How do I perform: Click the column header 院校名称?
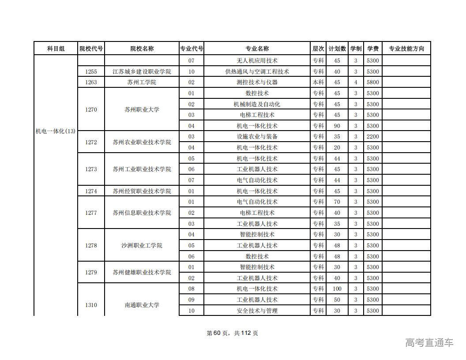pos(142,49)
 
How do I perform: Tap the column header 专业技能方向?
pos(406,49)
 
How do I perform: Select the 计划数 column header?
pos(337,49)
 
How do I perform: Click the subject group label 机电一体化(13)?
pos(56,131)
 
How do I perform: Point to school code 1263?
pos(91,82)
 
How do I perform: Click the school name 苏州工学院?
pos(142,82)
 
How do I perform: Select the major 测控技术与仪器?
pos(257,82)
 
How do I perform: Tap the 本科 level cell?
pos(318,82)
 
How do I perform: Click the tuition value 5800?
pos(373,82)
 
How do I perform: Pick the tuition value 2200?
pos(373,137)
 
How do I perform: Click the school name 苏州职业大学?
pos(142,110)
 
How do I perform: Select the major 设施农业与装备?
pos(257,137)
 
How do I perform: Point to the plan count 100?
pos(337,289)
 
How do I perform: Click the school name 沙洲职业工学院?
pos(142,246)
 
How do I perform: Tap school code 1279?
pos(91,273)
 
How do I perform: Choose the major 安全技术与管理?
pos(257,311)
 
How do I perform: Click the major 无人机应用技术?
pos(257,61)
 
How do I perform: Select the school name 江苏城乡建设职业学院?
pos(142,72)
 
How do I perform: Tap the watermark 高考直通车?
pos(429,342)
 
